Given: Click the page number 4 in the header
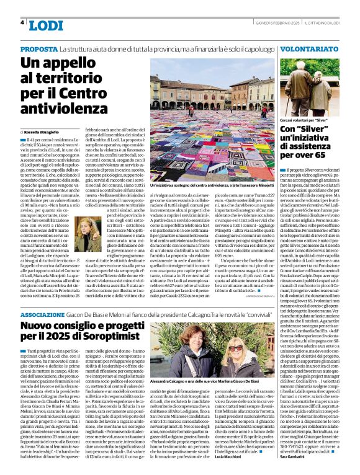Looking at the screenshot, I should point(22,22).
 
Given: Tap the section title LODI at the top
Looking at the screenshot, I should point(46,25).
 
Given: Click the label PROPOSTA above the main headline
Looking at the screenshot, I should point(38,48).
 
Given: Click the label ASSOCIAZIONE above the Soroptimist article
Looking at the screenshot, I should point(46,314).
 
